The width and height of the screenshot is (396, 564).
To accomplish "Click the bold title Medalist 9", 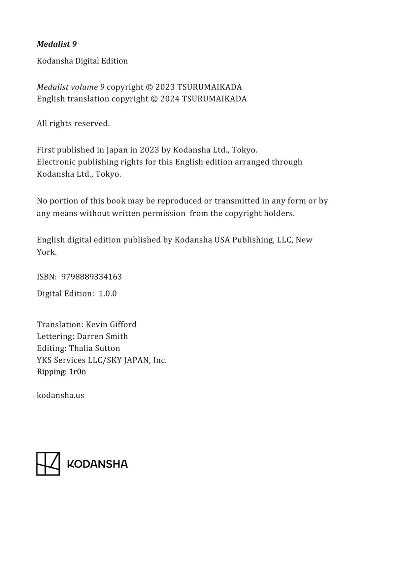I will pyautogui.click(x=57, y=44).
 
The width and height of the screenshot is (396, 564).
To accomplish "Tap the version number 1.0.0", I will pyautogui.click(x=108, y=294).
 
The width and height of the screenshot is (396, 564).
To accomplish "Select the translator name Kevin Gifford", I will pyautogui.click(x=111, y=325).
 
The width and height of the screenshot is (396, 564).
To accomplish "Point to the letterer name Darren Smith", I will pyautogui.click(x=102, y=336).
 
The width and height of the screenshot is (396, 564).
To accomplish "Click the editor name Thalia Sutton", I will pyautogui.click(x=94, y=348).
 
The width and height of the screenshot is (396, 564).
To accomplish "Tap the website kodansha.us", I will pyautogui.click(x=60, y=395).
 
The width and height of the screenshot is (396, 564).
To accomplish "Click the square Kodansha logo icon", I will pyautogui.click(x=48, y=464).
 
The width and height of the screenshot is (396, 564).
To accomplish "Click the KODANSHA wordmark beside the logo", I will pyautogui.click(x=97, y=464).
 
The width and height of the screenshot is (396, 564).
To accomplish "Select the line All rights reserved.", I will pyautogui.click(x=73, y=123).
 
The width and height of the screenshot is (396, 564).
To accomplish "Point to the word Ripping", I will pyautogui.click(x=51, y=372).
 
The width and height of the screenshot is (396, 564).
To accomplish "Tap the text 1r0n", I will pyautogui.click(x=78, y=372).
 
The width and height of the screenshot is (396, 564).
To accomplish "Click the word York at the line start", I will pyautogui.click(x=46, y=252).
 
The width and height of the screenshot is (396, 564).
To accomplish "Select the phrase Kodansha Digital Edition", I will pyautogui.click(x=82, y=61).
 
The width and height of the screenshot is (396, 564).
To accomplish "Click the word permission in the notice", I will pyautogui.click(x=164, y=213).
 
